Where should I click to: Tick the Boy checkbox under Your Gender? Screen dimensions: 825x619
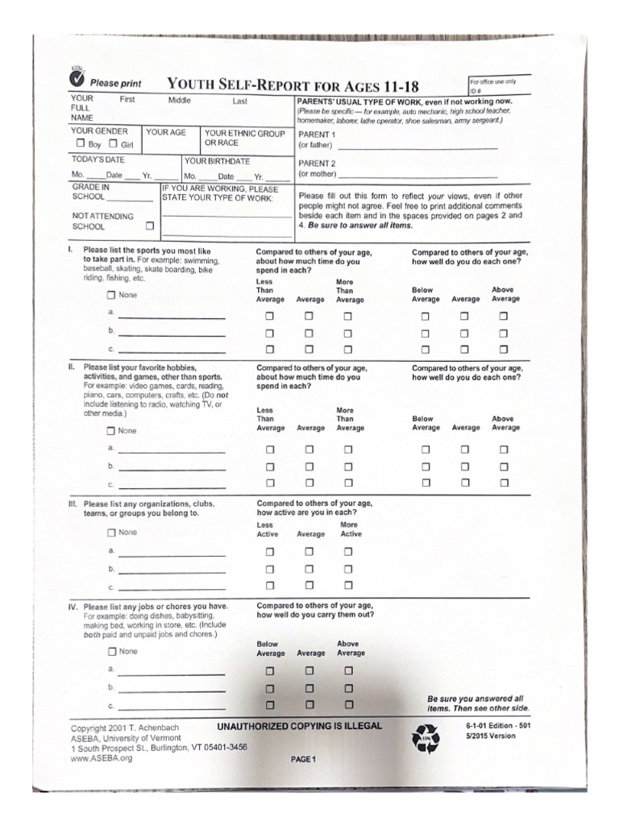click(x=81, y=144)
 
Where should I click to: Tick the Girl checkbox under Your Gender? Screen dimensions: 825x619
click(x=114, y=144)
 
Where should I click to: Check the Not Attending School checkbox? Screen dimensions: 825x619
click(x=149, y=226)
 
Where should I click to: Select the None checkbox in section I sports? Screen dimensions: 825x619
click(x=112, y=295)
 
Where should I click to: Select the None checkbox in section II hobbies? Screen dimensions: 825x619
click(x=112, y=430)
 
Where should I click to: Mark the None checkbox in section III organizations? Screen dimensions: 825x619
click(x=112, y=533)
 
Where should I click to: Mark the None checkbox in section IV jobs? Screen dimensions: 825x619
click(x=112, y=651)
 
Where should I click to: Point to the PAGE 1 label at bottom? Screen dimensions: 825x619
click(x=304, y=759)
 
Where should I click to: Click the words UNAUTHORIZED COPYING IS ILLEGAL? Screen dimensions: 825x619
click(x=300, y=726)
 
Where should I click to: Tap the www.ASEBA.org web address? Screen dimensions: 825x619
click(x=101, y=758)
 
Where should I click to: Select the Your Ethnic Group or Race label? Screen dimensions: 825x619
click(x=244, y=138)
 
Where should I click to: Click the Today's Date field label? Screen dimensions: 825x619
click(x=98, y=160)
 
